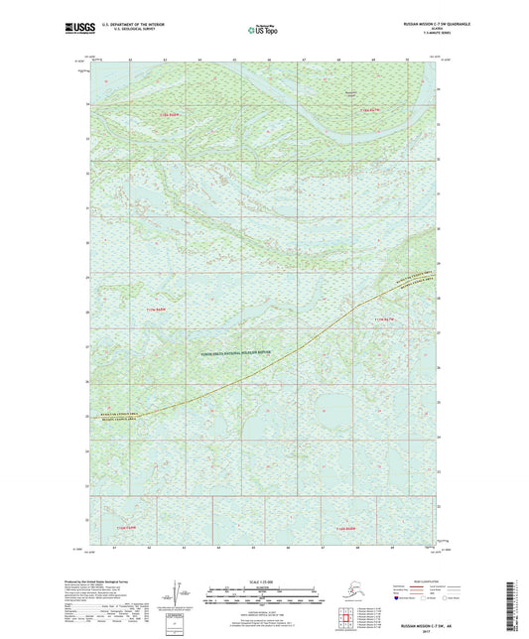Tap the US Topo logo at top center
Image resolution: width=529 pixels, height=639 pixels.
coord(263,31)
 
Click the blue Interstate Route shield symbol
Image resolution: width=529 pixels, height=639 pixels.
coord(391,599)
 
